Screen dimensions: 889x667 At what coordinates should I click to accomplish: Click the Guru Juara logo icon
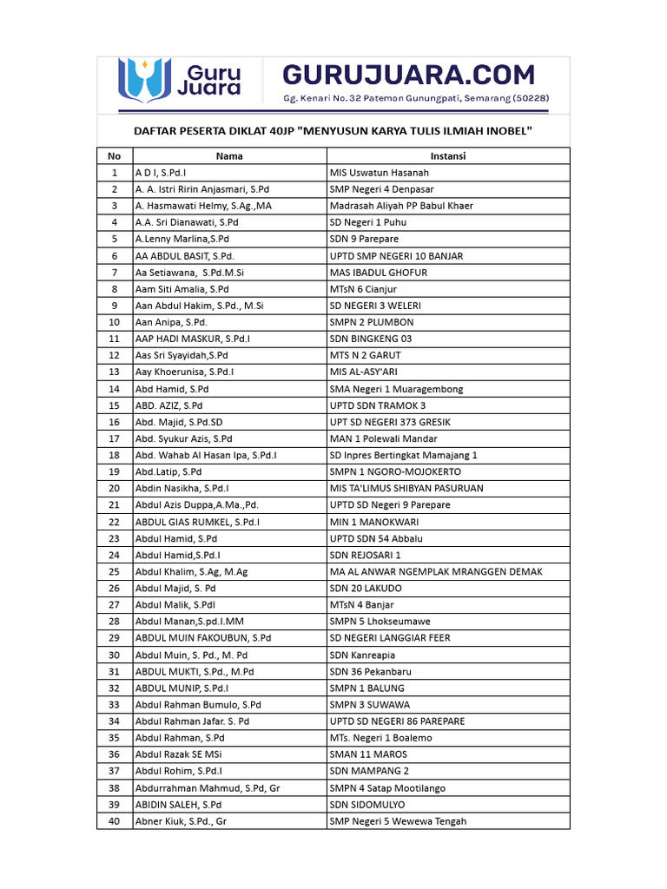pos(143,77)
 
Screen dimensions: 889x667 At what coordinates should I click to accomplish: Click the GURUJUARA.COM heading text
pos(408,74)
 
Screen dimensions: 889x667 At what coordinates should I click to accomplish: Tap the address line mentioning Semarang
pos(415,98)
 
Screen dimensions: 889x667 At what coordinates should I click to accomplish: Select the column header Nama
pos(229,156)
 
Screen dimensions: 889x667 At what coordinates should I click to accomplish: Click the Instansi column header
pos(448,156)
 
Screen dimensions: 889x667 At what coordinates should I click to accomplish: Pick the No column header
pos(114,156)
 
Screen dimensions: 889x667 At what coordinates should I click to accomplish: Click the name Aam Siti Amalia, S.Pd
pos(182,289)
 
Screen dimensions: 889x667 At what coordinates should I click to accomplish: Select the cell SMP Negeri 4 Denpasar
pos(381,189)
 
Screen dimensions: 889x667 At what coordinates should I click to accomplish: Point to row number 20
pos(114,488)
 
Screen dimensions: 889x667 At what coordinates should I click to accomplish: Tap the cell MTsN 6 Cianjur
pos(363,289)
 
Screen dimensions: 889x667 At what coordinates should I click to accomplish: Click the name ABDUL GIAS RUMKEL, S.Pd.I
pos(198,522)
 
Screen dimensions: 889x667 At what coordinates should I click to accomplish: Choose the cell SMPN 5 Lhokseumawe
pos(380,622)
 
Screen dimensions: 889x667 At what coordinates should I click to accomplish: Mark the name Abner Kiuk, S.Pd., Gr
pos(181,820)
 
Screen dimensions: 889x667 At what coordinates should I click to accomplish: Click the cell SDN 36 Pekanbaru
pos(370,671)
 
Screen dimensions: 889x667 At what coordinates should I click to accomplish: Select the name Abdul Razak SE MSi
pos(179,754)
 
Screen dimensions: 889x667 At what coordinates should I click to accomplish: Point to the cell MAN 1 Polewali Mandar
pos(383,438)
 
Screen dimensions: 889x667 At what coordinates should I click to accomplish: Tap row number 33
pos(114,704)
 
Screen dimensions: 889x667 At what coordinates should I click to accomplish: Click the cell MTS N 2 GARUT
pos(365,355)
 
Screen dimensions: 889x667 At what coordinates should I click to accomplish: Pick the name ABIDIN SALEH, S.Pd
pos(178,804)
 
